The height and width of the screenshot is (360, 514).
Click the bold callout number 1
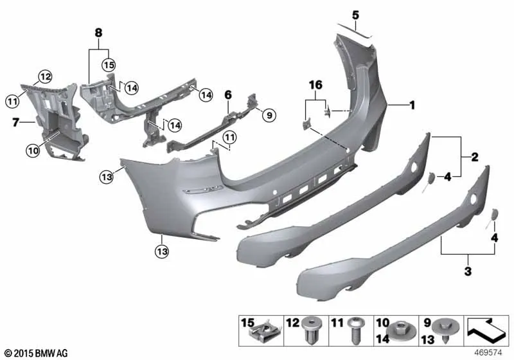click(x=412, y=105)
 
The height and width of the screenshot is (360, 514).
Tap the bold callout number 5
click(x=356, y=15)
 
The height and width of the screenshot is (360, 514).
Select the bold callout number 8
click(x=98, y=33)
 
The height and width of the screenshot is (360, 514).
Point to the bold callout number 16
click(x=315, y=85)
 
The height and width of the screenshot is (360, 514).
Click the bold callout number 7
click(x=15, y=123)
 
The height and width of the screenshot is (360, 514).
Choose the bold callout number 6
click(x=228, y=95)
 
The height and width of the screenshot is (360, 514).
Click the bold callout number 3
click(x=468, y=271)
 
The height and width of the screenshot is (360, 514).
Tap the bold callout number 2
click(x=475, y=157)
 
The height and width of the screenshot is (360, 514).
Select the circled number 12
click(x=45, y=76)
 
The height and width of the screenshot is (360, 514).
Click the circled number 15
click(x=109, y=65)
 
